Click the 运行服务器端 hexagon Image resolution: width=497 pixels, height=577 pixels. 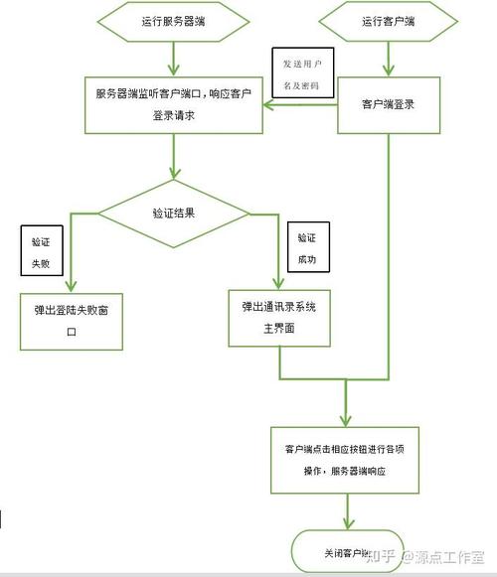(174, 21)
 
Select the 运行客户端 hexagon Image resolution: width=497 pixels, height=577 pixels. (387, 21)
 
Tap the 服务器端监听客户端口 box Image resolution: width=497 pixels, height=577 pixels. (173, 104)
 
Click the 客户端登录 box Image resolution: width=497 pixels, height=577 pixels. (387, 103)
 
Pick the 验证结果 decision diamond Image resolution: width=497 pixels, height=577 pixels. (173, 213)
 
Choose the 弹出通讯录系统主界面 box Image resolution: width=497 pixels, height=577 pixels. (279, 317)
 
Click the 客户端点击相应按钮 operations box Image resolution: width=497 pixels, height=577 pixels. (344, 459)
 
